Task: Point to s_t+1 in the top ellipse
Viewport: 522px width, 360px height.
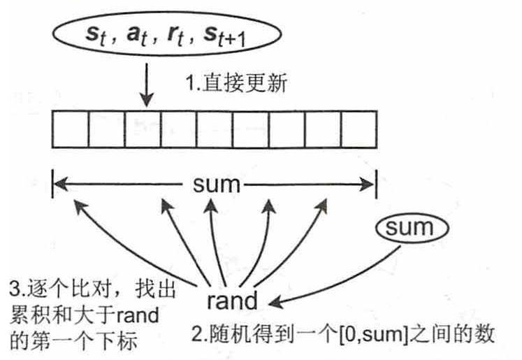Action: (x=221, y=36)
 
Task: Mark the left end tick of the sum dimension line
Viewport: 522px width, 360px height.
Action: (x=54, y=185)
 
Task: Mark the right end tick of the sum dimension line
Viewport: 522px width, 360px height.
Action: (x=377, y=185)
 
